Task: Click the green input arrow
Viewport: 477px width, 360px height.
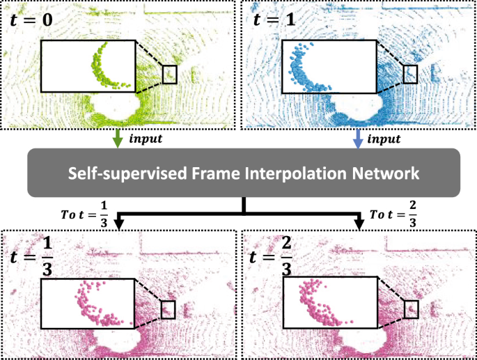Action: (118, 139)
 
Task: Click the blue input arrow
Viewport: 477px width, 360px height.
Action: (358, 139)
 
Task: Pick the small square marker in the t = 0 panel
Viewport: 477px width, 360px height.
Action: (170, 74)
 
